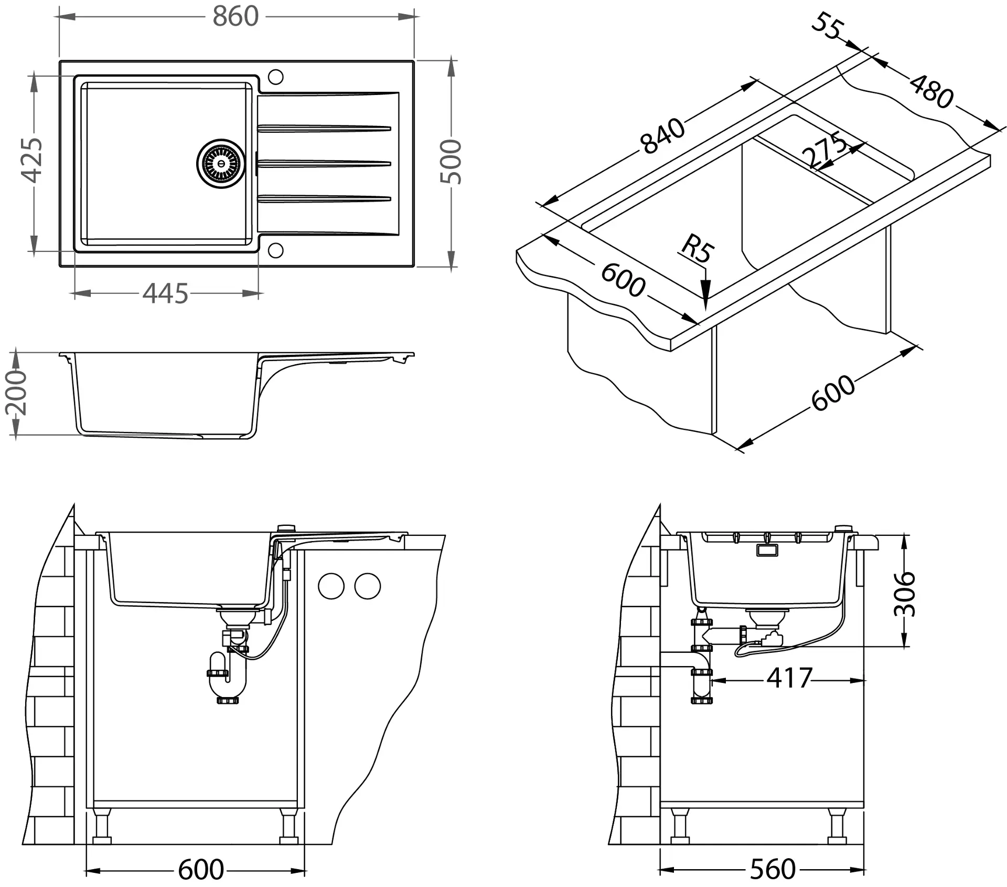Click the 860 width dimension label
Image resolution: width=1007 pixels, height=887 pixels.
click(x=235, y=17)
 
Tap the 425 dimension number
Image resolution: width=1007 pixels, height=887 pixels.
click(x=31, y=160)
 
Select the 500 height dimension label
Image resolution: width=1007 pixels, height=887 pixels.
click(x=451, y=162)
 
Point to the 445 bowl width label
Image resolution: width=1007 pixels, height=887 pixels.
click(x=165, y=294)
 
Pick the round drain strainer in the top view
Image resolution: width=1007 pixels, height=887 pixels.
click(x=220, y=163)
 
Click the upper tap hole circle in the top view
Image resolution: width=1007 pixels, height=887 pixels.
click(x=275, y=77)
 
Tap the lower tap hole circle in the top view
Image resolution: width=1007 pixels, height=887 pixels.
click(x=275, y=250)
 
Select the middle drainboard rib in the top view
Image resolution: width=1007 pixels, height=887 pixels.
click(x=324, y=164)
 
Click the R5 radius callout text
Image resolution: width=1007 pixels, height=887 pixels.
click(x=698, y=248)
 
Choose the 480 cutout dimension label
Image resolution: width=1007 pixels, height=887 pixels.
click(x=931, y=91)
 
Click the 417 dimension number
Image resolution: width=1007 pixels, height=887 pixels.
click(x=789, y=678)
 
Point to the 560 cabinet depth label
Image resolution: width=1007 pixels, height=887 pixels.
click(x=773, y=869)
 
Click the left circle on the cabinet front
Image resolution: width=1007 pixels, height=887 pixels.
click(x=331, y=586)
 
